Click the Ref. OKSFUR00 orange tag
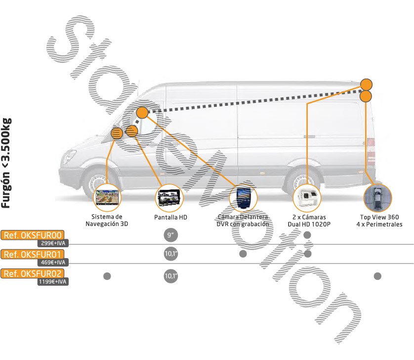click(33, 235)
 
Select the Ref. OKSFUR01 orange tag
click(33, 255)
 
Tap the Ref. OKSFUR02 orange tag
click(33, 273)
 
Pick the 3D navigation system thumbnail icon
click(107, 198)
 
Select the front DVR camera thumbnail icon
click(243, 198)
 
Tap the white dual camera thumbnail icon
click(307, 198)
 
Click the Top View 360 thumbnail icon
click(377, 198)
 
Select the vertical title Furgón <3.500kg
click(7, 163)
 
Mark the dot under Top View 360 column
click(378, 275)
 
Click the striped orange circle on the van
click(117, 133)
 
